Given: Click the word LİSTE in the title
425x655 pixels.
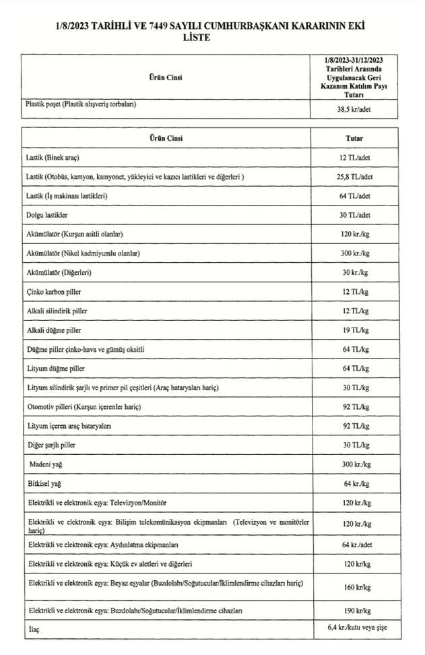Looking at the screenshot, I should pyautogui.click(x=197, y=38).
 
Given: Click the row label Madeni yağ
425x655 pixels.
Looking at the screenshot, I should pyautogui.click(x=44, y=466).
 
